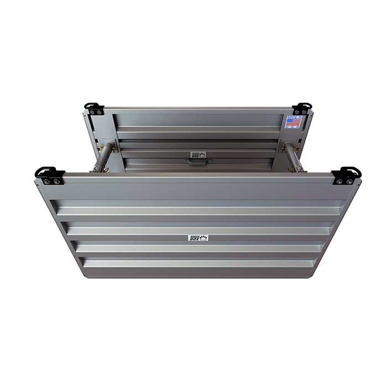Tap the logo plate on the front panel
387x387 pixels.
point(198,238)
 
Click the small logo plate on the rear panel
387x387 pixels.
point(197,155)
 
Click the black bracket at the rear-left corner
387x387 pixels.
point(93,108)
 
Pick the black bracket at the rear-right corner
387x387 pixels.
point(302,108)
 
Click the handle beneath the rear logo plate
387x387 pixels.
point(197,163)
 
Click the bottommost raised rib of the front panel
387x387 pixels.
point(199,264)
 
